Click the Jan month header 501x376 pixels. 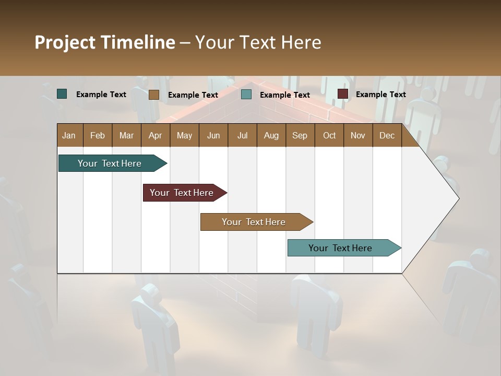pos(69,135)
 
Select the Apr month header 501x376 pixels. pos(155,135)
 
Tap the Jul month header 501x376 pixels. pos(242,135)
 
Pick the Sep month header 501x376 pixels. pos(300,135)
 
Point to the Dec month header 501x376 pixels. pos(387,135)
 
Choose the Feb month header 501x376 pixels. pos(98,135)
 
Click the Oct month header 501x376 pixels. pos(329,135)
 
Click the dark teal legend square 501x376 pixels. pos(62,94)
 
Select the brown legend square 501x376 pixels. pos(153,95)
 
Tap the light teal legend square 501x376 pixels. pos(246,95)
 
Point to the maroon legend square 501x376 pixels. pos(342,94)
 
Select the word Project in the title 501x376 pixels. pos(65,42)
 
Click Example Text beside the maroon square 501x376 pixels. pos(380,95)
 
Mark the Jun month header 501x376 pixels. pos(213,135)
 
